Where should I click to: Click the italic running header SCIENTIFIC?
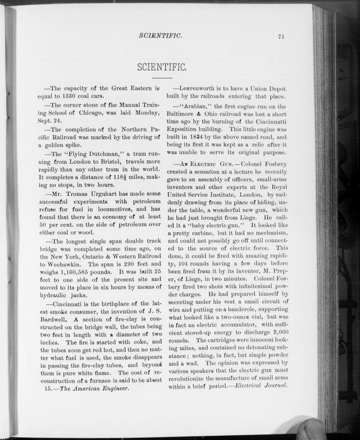160,37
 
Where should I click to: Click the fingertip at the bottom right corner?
310,430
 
